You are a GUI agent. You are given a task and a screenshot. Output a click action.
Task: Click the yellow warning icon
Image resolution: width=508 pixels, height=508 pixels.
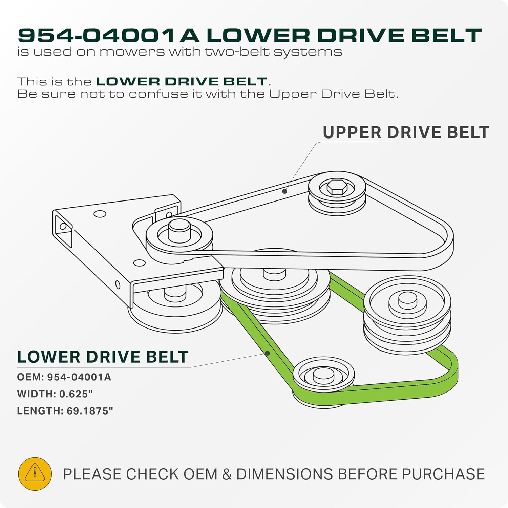(35, 474)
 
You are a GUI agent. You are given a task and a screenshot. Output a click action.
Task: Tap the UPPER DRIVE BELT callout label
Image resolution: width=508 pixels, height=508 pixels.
(406, 132)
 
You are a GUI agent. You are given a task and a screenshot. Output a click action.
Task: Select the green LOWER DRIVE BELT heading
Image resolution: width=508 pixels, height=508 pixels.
(103, 357)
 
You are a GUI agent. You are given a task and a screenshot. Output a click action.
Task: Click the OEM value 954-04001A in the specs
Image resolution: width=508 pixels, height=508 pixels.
(79, 377)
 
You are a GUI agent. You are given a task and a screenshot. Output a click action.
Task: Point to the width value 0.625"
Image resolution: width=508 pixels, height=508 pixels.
(76, 394)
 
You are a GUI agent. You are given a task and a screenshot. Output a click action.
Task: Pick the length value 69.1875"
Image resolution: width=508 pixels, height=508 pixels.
(90, 411)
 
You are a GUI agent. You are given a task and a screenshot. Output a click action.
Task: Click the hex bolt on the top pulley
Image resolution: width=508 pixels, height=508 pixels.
(337, 187)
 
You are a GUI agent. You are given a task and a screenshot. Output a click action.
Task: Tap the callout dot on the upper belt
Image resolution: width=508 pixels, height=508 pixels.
(285, 191)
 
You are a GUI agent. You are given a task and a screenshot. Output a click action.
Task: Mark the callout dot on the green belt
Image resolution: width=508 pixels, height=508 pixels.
(267, 353)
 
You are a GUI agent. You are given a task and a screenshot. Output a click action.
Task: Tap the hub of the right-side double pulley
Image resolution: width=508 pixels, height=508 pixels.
(407, 301)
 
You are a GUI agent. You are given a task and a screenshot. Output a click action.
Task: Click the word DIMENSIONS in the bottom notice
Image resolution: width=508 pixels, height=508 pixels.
(284, 474)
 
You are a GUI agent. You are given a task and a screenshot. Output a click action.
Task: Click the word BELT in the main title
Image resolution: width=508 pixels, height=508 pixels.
(447, 36)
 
